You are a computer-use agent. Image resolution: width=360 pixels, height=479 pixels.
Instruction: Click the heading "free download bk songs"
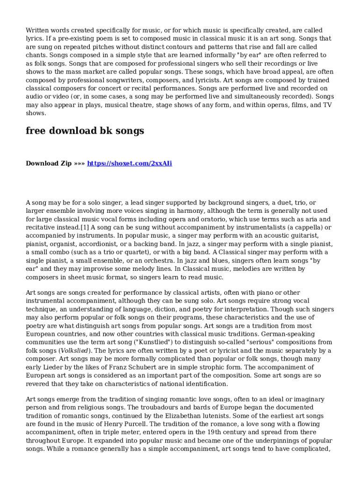(x=85, y=131)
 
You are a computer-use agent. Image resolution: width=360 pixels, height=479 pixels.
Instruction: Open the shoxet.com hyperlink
(x=130, y=163)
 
